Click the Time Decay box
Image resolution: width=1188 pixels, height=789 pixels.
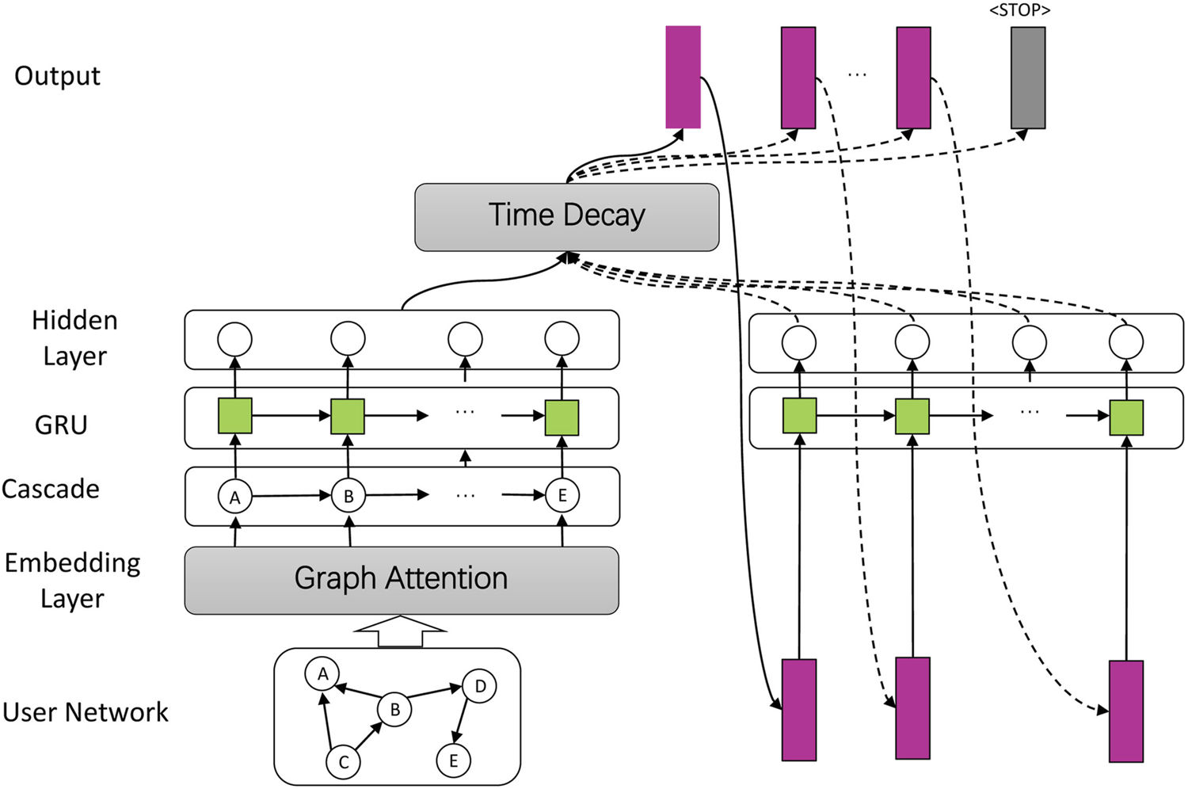[566, 217]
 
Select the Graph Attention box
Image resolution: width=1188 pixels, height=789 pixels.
[401, 580]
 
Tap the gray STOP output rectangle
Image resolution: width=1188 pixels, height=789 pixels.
[1028, 78]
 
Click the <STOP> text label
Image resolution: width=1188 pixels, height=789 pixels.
[1019, 10]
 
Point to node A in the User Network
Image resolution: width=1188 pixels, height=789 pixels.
[322, 674]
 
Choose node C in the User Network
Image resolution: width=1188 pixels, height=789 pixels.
[343, 762]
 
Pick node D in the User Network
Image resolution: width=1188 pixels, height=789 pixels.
[479, 686]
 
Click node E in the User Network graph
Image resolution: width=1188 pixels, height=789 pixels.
[453, 760]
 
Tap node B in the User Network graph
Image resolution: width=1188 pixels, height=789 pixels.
[394, 710]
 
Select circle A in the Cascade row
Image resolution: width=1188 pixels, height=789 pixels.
[234, 497]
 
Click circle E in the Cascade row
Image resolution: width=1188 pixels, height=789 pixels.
[562, 496]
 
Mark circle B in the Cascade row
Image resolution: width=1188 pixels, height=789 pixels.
[348, 497]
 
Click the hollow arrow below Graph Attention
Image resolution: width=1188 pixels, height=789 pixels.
[400, 632]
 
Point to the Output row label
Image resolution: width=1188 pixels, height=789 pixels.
[57, 76]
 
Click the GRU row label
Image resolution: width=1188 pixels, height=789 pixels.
[61, 425]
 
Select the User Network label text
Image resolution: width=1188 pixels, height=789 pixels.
[86, 712]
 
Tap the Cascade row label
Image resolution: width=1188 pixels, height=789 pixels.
[51, 489]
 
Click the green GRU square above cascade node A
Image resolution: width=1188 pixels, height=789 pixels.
[234, 416]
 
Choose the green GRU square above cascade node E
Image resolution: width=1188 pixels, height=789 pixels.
[562, 417]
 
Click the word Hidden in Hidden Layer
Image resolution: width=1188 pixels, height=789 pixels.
[74, 320]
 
